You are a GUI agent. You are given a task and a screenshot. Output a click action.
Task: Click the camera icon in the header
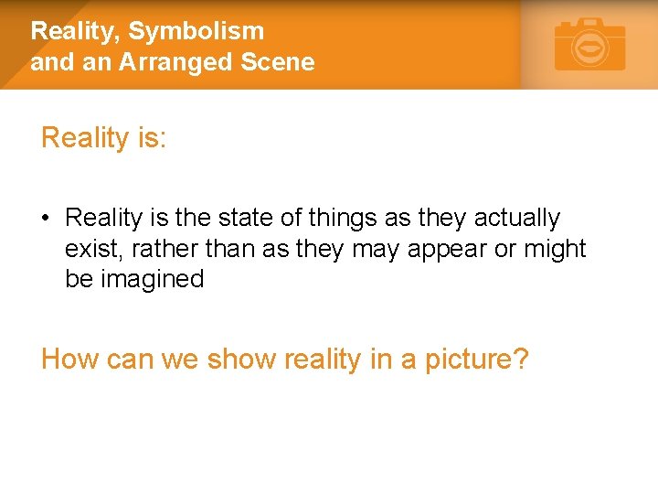coord(590,45)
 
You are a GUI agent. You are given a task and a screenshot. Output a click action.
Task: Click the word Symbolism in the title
coord(196,31)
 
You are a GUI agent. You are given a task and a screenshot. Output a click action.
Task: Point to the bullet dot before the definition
coord(46,219)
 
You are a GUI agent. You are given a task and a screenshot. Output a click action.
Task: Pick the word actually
coord(515,219)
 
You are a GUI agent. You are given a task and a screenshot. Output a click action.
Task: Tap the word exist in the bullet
coord(89,249)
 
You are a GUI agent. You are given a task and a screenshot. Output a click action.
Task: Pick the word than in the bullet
coord(228,249)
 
